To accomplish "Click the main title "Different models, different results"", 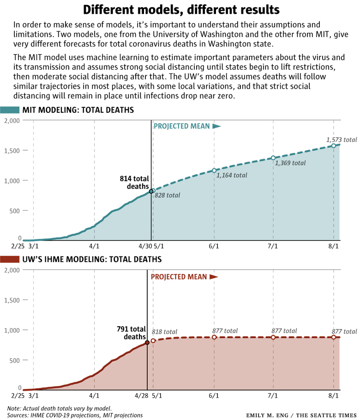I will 180,9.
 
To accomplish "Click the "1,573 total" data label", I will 341,140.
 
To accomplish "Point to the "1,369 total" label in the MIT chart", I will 290,163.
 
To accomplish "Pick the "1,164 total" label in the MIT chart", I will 232,175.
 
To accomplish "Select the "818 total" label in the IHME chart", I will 164,332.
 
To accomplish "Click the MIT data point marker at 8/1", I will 334,146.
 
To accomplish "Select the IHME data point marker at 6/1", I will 214,337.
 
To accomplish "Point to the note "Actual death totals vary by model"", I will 60,408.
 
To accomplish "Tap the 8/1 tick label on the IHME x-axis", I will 333,396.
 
